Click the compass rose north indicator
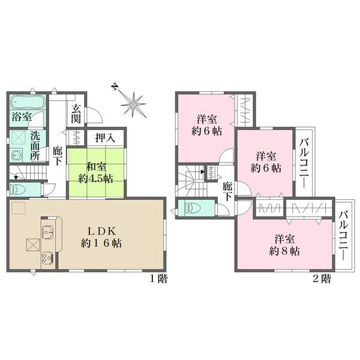pos(115,87)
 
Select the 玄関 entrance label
pos(76,113)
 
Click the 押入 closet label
pos(105,138)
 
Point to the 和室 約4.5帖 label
pos(96,172)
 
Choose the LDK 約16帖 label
pos(101,238)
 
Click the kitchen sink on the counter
pos(48,232)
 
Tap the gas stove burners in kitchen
pos(47,258)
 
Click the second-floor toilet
pos(193,208)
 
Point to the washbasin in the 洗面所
pos(16,155)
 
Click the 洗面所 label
pos(35,146)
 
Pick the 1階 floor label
pos(159,279)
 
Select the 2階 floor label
pos(322,279)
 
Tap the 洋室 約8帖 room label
pos(284,245)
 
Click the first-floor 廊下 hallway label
pos(57,156)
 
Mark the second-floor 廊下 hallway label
pos(227,191)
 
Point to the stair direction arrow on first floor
pos(16,177)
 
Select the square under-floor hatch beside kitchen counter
pos(33,245)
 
